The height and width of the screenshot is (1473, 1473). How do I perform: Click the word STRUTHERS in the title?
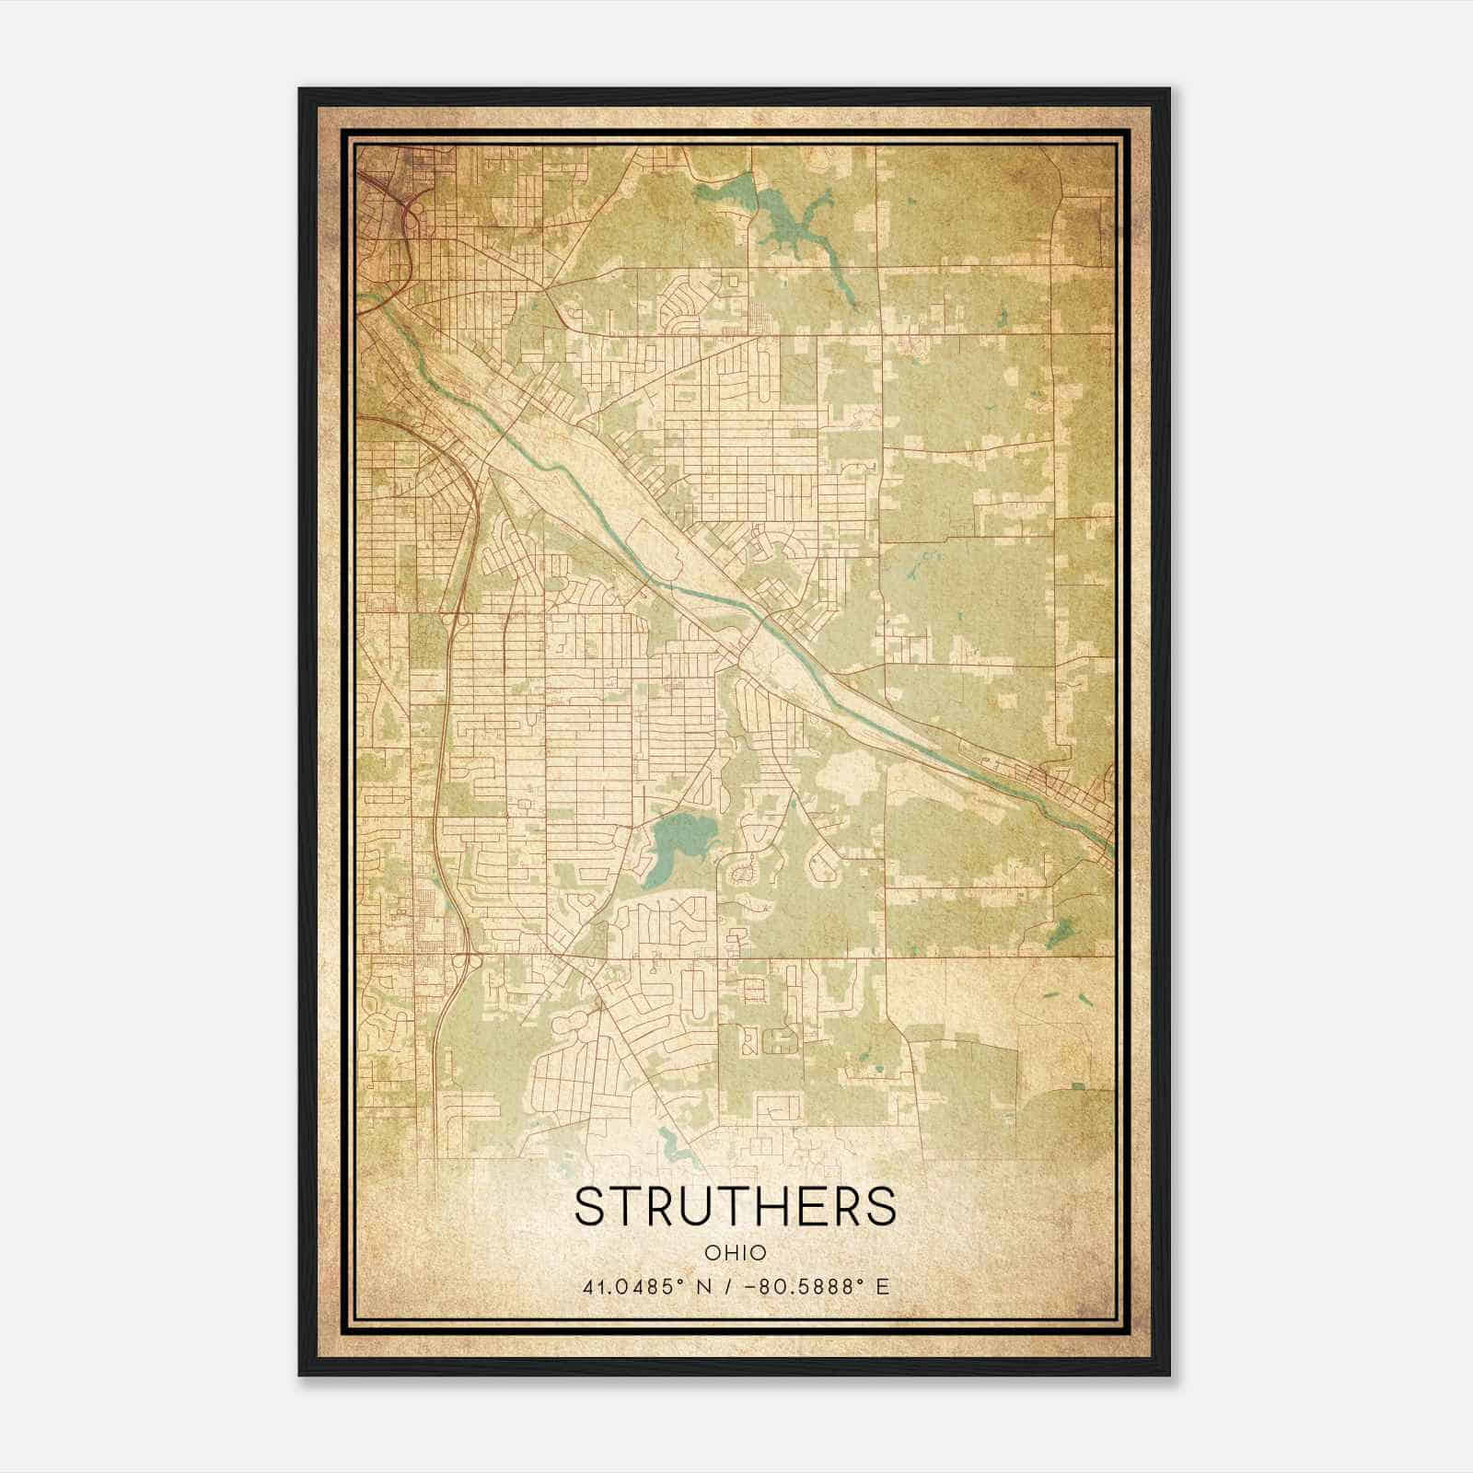735,1206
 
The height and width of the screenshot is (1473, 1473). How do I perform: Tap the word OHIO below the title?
735,1252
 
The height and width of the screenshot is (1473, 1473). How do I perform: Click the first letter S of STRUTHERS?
590,1206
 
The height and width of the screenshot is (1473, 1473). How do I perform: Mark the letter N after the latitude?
704,1286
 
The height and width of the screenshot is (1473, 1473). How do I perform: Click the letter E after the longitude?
882,1286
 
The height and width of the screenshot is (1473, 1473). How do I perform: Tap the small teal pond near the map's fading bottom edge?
677,1147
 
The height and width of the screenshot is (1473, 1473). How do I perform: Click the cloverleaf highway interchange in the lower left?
461,962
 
